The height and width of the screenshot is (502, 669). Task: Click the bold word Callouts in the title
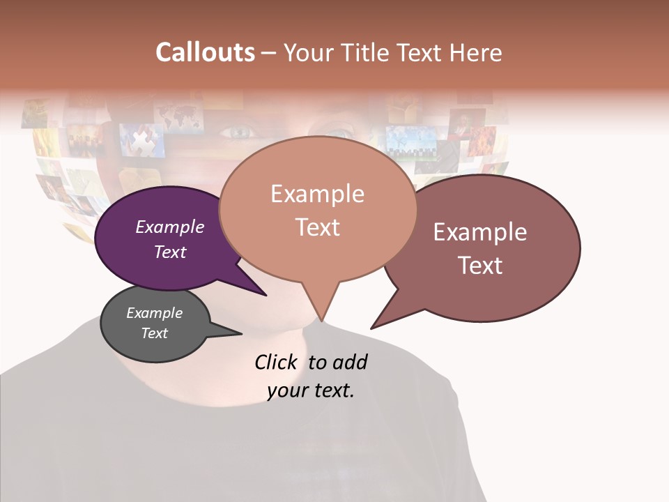(205, 52)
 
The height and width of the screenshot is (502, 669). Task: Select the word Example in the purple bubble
(170, 227)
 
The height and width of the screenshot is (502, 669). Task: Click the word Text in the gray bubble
(155, 333)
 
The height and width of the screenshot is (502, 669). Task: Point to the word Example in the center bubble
(317, 194)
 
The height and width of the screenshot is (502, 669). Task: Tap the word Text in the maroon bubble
(480, 266)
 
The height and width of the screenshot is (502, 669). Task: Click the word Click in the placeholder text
(277, 362)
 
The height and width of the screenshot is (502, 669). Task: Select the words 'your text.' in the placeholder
(311, 390)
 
